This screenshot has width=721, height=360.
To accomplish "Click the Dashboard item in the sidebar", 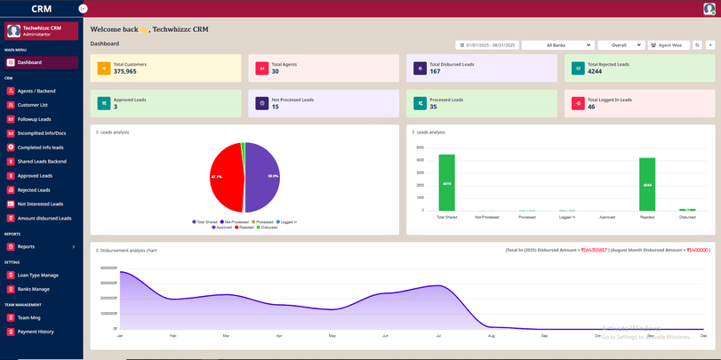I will [x=29, y=62].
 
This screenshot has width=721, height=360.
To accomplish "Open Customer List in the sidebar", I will [x=32, y=105].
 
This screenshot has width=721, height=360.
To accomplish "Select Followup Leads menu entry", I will [x=34, y=119].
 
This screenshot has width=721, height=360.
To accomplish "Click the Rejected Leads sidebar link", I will [x=34, y=189].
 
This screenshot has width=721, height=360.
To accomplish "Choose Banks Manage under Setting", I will [x=33, y=289].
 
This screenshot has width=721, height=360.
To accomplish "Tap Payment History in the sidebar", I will [x=36, y=332].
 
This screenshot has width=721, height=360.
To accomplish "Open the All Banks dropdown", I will [x=557, y=44].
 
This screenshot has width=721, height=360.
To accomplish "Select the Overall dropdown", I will [x=621, y=44].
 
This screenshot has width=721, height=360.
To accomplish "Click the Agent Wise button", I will [x=668, y=44].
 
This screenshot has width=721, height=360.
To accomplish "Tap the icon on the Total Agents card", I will [x=262, y=68].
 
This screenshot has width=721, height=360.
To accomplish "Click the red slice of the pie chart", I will [x=227, y=177].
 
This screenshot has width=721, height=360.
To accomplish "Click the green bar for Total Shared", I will [x=446, y=182].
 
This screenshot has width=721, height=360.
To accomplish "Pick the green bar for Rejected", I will [x=647, y=184].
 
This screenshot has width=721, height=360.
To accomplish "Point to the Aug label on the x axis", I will [x=491, y=336].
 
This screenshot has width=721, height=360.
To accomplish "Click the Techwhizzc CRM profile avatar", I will [x=14, y=30].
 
